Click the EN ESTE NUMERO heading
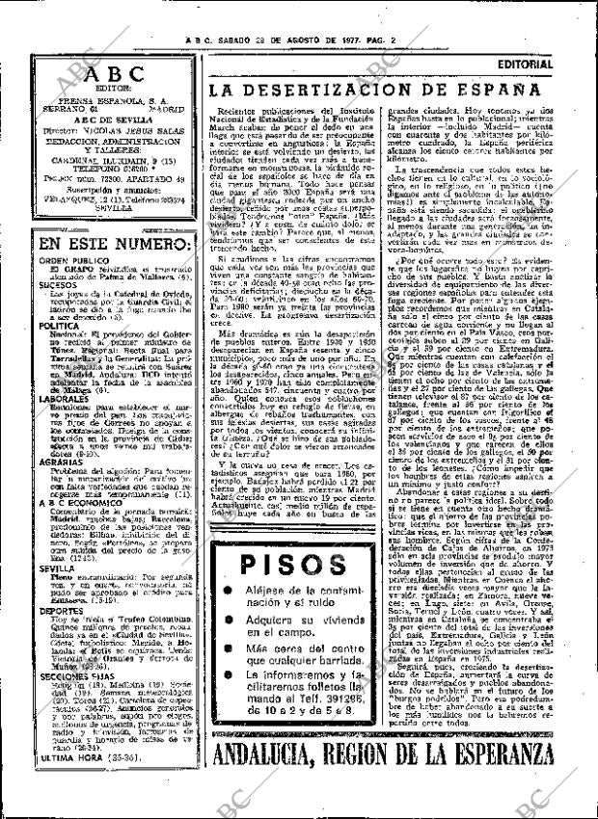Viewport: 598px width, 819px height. [106, 246]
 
